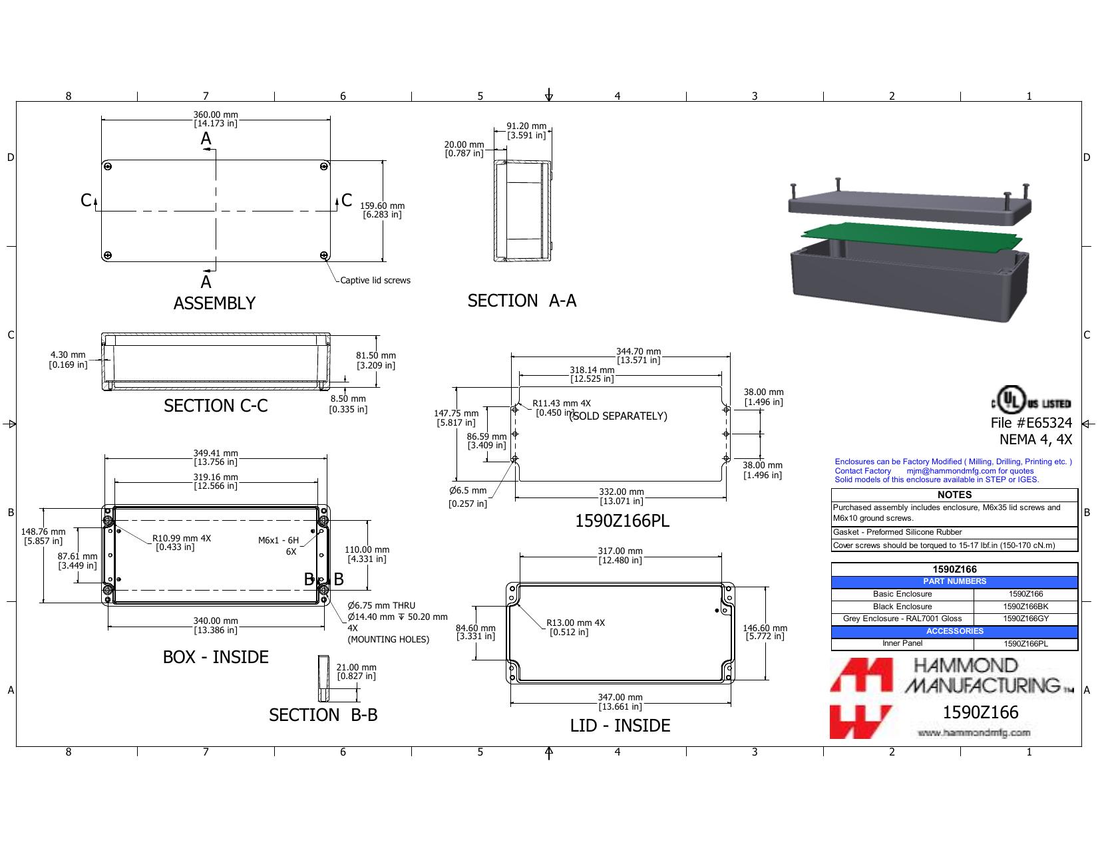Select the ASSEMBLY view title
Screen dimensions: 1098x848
click(214, 303)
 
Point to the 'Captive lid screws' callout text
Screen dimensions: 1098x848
click(375, 280)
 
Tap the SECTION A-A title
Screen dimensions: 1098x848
click(522, 301)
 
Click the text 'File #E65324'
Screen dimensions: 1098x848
click(1031, 423)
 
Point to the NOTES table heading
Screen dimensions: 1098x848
click(954, 495)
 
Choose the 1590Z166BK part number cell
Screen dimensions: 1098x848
click(1025, 606)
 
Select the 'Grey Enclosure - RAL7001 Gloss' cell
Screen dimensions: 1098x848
click(902, 619)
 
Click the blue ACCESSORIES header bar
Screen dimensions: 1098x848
click(954, 631)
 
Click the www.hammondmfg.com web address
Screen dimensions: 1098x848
click(974, 732)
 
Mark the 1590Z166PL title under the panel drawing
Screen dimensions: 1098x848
click(622, 521)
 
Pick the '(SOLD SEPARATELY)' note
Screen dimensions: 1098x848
click(618, 416)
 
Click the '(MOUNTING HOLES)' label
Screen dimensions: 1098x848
click(388, 639)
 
